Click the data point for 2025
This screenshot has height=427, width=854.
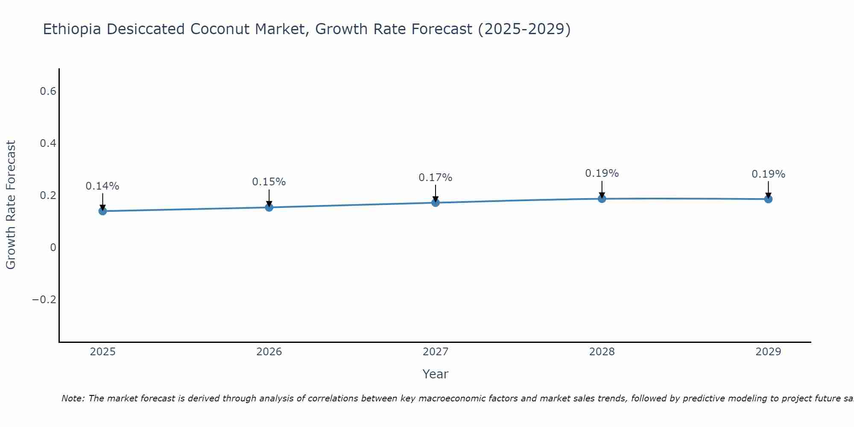click(x=102, y=211)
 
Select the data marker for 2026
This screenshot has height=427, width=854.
click(x=269, y=208)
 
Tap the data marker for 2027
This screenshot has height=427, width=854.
click(x=436, y=202)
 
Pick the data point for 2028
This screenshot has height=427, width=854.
click(x=602, y=199)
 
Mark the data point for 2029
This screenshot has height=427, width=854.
click(x=768, y=199)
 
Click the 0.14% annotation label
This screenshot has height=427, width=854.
click(x=102, y=186)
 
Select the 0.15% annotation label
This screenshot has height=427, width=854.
click(x=269, y=182)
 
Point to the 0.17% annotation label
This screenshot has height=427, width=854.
click(x=436, y=178)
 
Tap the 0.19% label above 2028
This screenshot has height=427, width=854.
click(x=602, y=173)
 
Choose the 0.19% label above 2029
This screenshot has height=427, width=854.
click(x=768, y=174)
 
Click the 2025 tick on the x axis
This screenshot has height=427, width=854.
click(x=102, y=352)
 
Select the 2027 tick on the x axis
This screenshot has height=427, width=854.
click(x=436, y=352)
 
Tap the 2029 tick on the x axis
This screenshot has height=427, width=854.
click(x=768, y=352)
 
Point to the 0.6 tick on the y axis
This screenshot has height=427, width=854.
click(x=48, y=91)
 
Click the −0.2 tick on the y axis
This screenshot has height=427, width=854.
click(x=44, y=300)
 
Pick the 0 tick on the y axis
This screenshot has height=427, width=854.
click(x=53, y=248)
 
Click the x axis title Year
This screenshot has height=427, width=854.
click(x=435, y=374)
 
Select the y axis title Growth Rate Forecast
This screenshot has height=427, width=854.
click(x=11, y=205)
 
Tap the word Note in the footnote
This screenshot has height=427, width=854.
click(x=73, y=398)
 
